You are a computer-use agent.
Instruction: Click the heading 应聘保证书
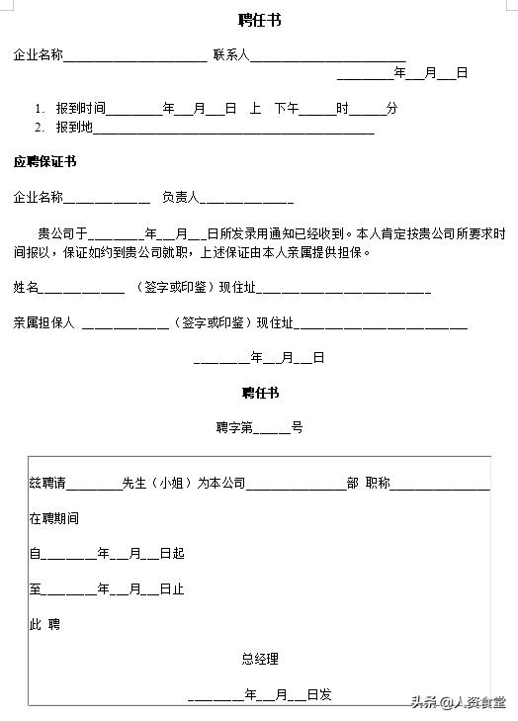[44, 161]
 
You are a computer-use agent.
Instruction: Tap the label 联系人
[230, 55]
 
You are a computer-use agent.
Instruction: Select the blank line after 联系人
[327, 58]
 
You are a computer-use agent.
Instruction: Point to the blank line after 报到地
[233, 130]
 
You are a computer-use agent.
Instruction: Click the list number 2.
[39, 127]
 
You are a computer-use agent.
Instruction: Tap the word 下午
[287, 108]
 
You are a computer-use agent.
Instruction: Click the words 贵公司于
[62, 234]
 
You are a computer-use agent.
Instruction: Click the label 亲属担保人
[44, 322]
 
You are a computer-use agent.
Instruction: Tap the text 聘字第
[235, 428]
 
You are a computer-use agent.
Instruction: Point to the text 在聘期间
[53, 518]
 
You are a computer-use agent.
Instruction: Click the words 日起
[172, 554]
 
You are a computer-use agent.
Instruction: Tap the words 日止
[172, 589]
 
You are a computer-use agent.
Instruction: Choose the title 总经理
[260, 659]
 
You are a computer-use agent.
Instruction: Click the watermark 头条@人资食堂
[459, 702]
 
